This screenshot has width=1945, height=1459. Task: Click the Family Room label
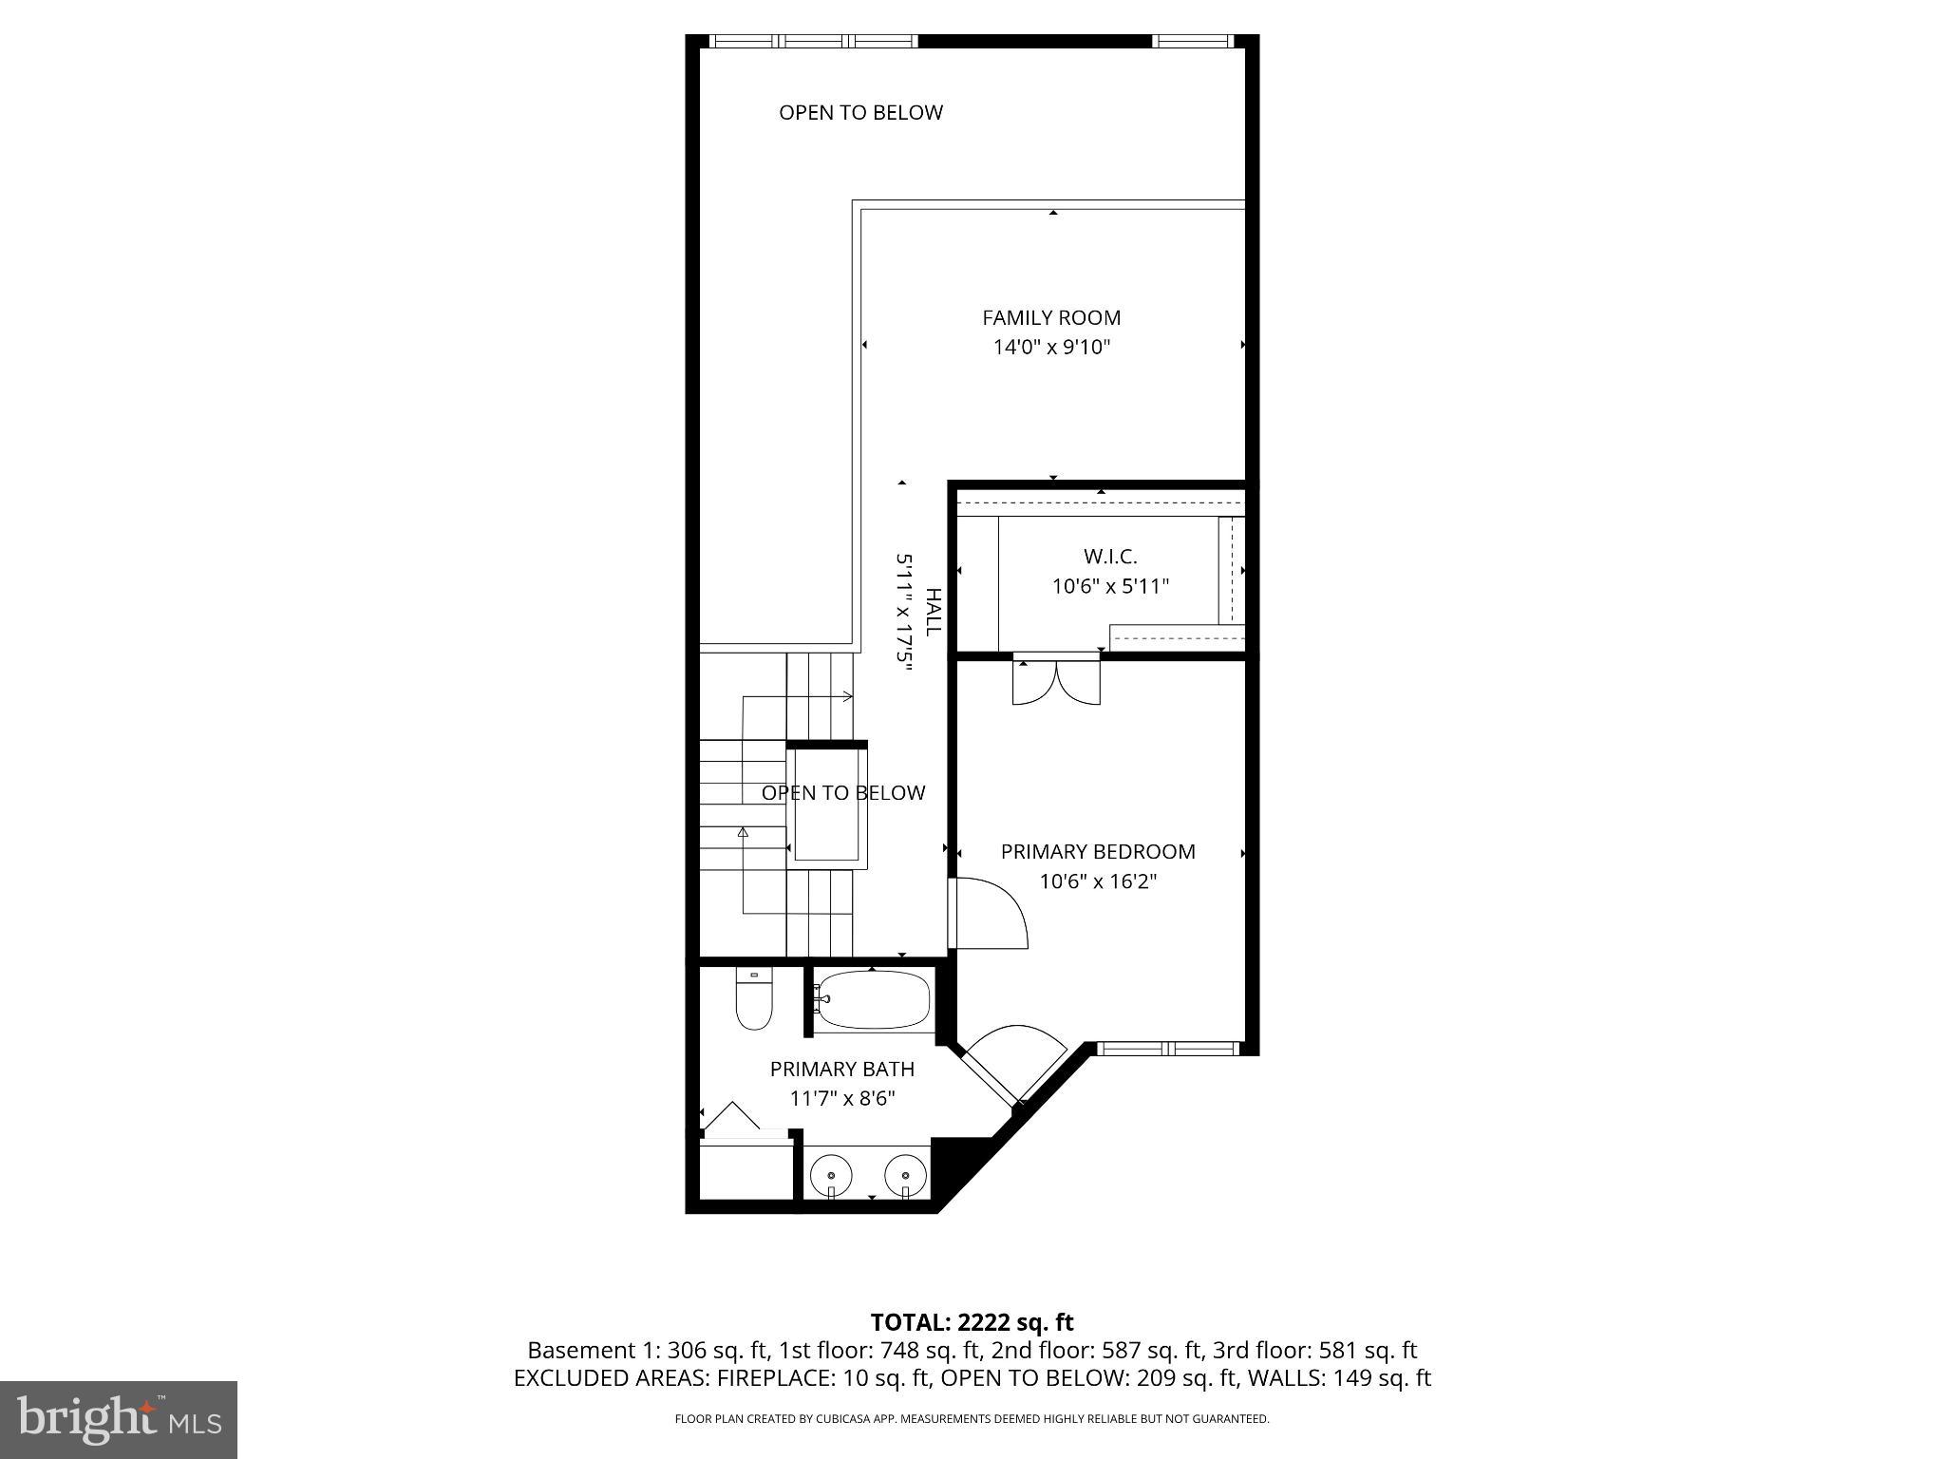pos(1051,317)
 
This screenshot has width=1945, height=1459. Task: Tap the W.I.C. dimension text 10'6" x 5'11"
pos(1109,587)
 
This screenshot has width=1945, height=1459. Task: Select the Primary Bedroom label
pos(1097,851)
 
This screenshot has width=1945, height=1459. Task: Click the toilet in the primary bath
pos(754,999)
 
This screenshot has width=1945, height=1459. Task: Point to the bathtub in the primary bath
pos(874,999)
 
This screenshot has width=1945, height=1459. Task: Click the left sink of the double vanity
pos(832,1176)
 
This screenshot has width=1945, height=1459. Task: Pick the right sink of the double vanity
pos(905,1176)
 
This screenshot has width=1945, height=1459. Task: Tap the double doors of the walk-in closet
pos(1056,680)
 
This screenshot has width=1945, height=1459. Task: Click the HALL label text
pos(934,613)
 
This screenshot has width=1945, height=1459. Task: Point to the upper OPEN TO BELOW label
pos(860,112)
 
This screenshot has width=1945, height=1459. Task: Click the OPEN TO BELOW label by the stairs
pos(843,793)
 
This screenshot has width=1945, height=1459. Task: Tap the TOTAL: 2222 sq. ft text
pos(972,1322)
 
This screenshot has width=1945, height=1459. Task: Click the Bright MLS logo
pos(119,1420)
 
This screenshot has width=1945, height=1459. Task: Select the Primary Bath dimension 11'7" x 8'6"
pos(842,1099)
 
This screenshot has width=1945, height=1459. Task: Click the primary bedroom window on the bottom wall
pos(1168,1049)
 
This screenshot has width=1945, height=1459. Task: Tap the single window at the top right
pos(1193,41)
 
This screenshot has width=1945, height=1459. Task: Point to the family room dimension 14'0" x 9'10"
pos(1051,348)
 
